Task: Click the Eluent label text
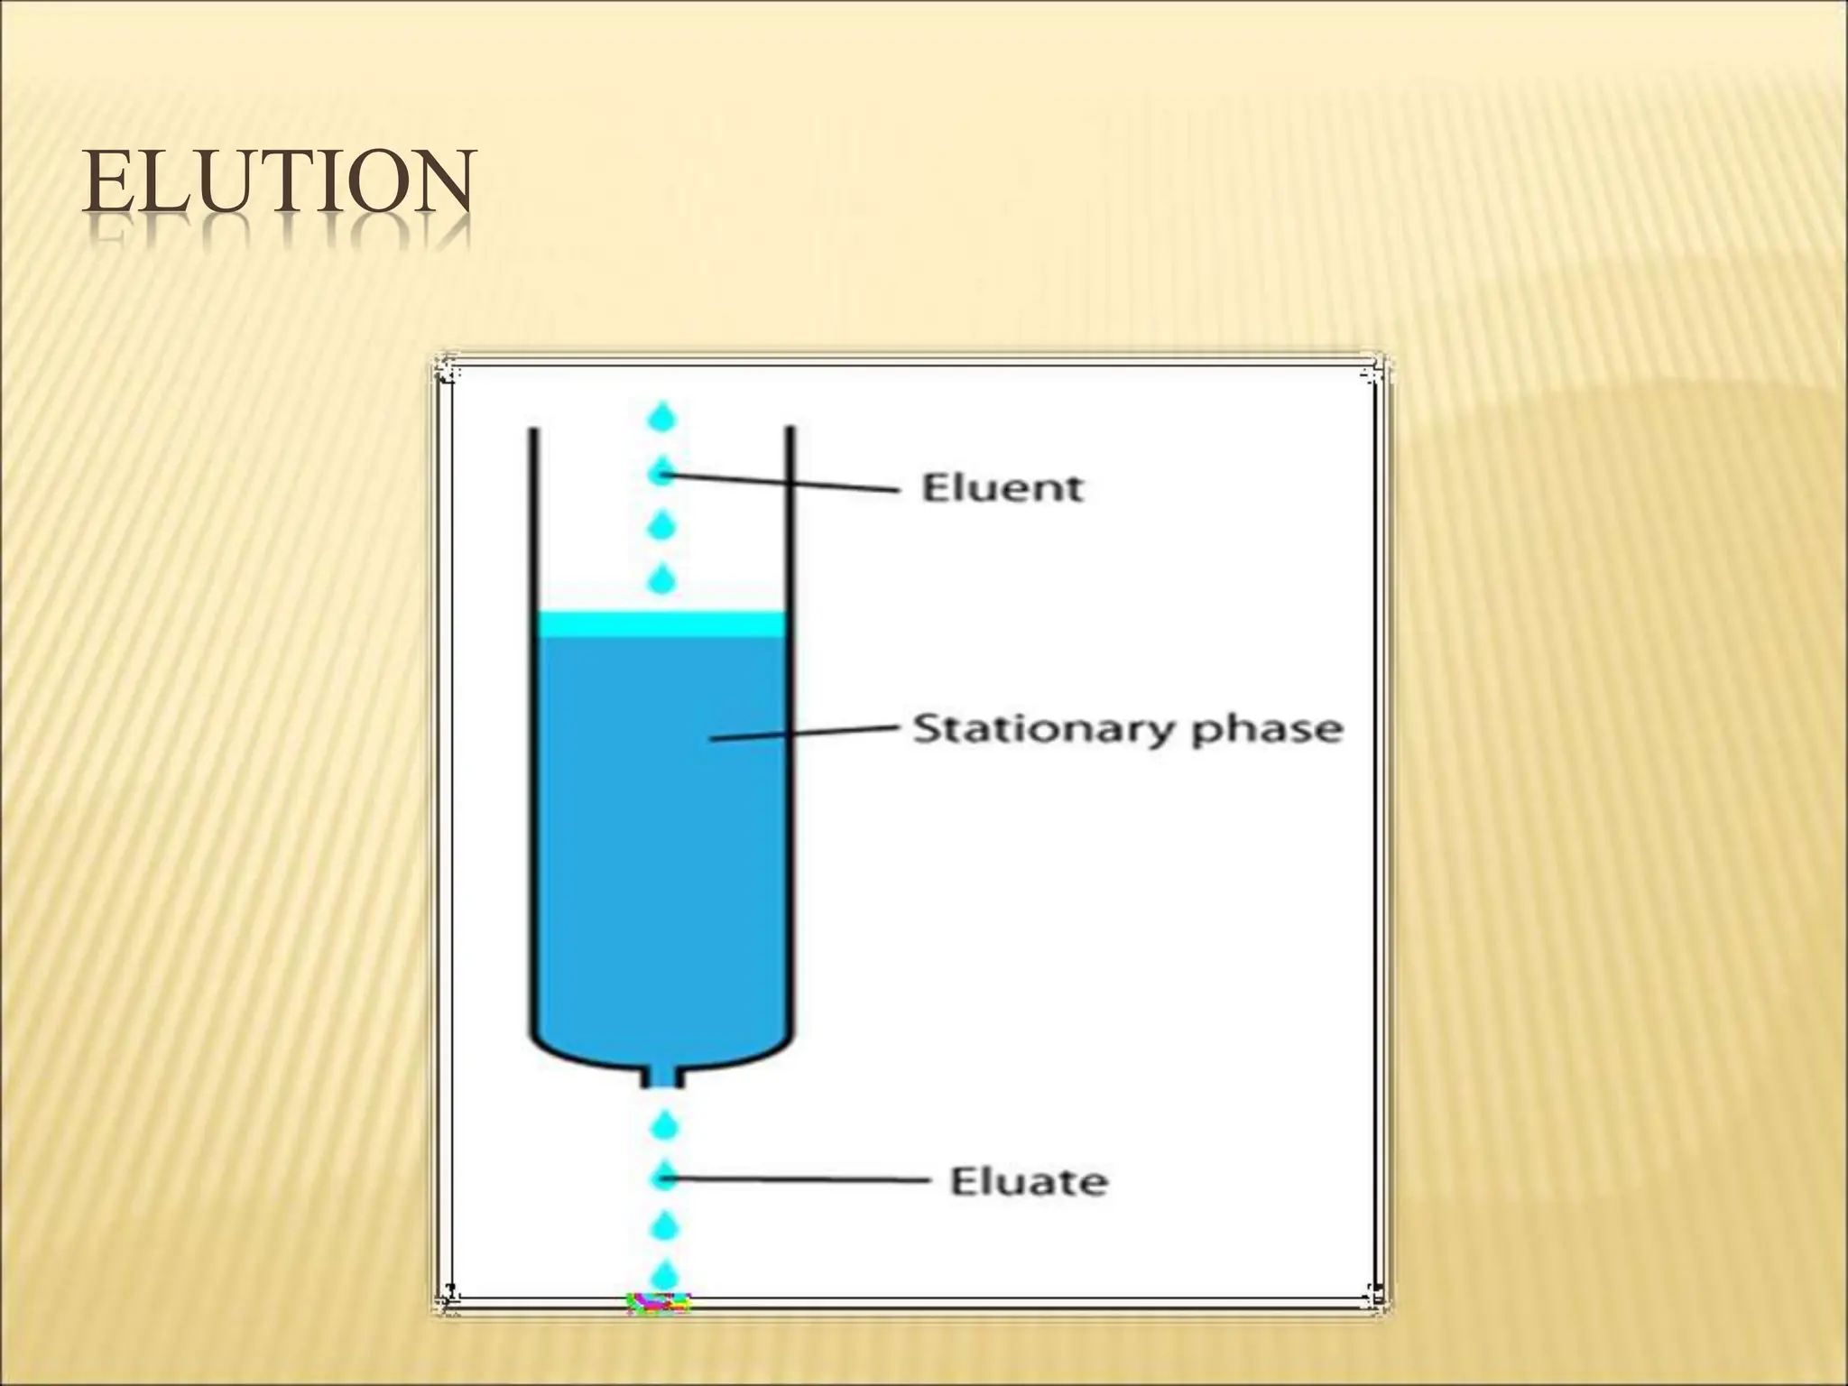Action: click(x=1002, y=488)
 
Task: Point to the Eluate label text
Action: click(x=1028, y=1181)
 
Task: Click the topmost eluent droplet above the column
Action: click(x=663, y=418)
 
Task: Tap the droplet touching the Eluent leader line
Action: click(x=663, y=471)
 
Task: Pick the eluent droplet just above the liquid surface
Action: click(x=663, y=579)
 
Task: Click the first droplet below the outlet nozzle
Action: click(x=664, y=1126)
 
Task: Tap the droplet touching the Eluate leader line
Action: click(x=664, y=1177)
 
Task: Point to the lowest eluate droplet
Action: click(x=664, y=1275)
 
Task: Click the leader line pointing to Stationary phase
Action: click(x=803, y=733)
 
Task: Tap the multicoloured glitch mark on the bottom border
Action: click(x=659, y=1303)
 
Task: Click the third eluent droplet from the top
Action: click(x=663, y=525)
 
